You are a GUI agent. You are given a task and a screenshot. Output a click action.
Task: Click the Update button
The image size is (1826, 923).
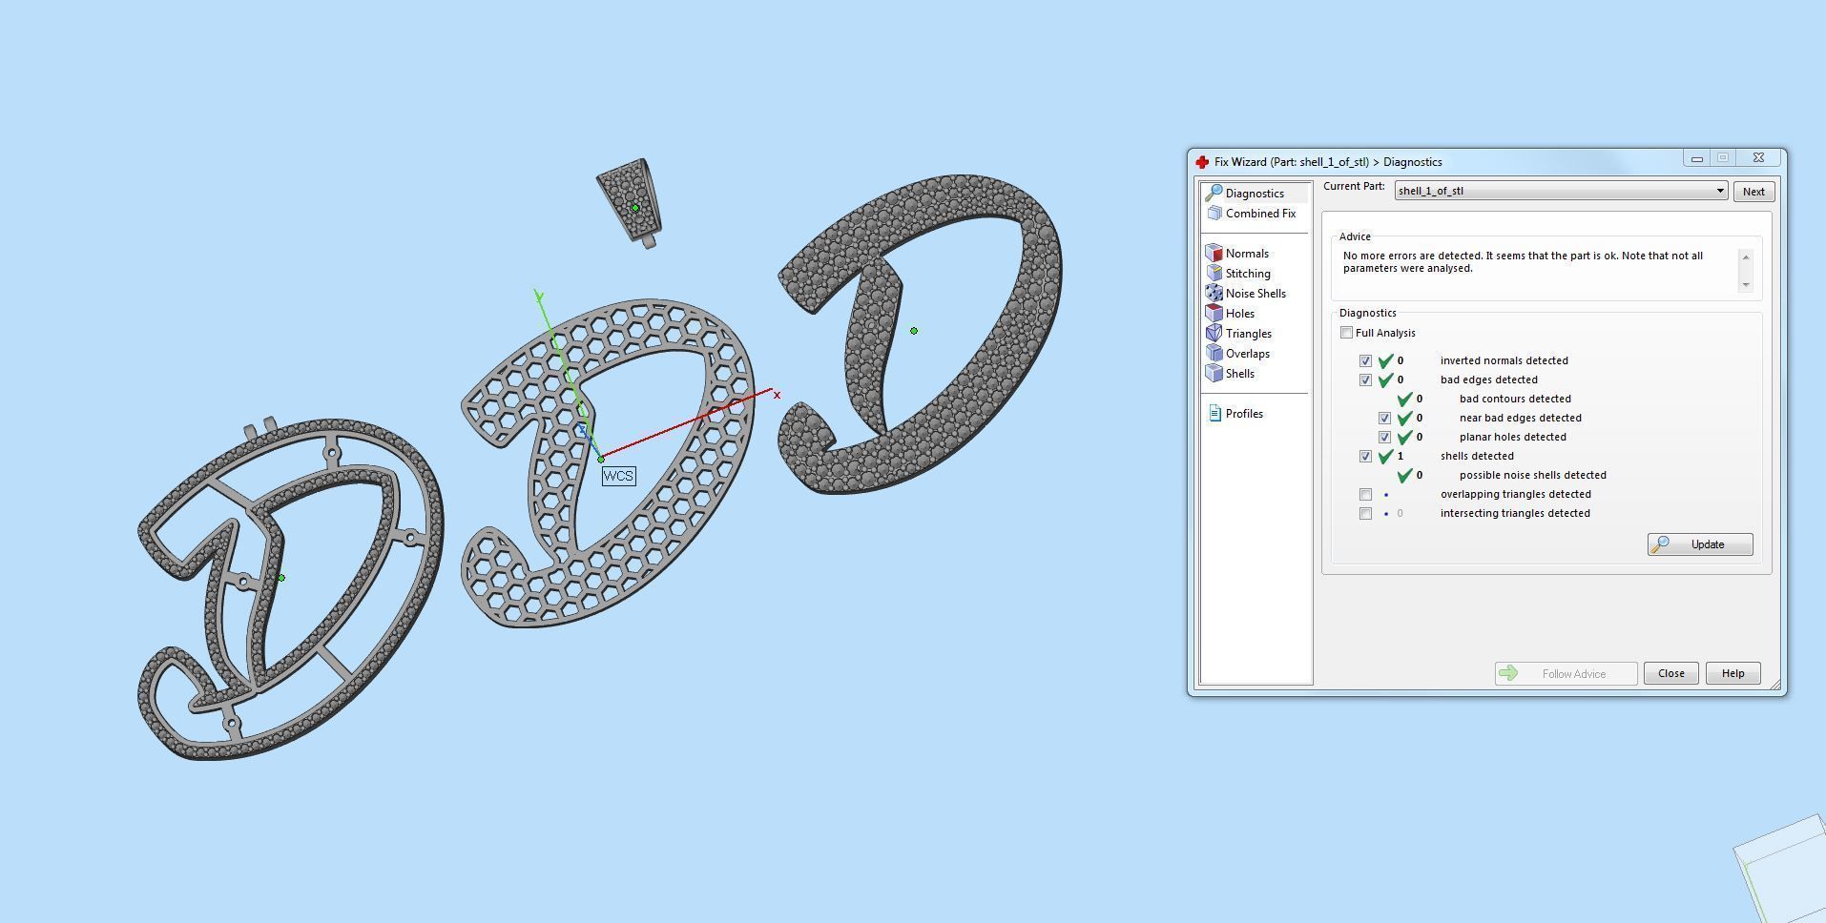click(x=1699, y=544)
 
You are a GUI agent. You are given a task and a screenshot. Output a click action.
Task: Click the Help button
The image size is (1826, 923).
click(x=1732, y=673)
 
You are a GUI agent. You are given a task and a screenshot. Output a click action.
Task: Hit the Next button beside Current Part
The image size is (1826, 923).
click(x=1753, y=192)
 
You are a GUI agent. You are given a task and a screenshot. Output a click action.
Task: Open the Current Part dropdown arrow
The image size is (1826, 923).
click(x=1720, y=191)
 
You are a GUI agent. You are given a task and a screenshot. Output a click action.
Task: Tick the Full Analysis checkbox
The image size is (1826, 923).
click(x=1347, y=333)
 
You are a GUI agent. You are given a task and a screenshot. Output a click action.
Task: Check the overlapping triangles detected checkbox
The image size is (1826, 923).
click(x=1366, y=494)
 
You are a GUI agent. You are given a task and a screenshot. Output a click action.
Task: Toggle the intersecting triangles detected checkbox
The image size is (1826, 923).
click(x=1366, y=513)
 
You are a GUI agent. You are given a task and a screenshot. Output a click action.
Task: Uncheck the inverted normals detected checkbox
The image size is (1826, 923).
click(x=1366, y=360)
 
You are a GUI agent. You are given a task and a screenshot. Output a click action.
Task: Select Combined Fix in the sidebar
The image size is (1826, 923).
click(x=1259, y=214)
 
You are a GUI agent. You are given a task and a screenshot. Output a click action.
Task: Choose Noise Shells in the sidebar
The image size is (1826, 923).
click(x=1255, y=294)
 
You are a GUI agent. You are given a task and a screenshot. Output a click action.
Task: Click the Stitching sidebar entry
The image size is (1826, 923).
click(x=1247, y=274)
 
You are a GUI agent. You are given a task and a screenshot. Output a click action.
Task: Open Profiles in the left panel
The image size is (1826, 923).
click(x=1243, y=414)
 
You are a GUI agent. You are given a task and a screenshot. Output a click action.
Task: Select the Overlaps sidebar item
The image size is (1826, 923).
click(x=1247, y=354)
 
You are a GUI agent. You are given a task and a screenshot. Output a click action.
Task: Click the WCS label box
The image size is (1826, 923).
click(x=618, y=476)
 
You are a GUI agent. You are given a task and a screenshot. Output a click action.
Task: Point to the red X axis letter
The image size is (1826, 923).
click(x=777, y=395)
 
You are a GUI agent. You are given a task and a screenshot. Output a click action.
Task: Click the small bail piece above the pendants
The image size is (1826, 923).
click(x=628, y=198)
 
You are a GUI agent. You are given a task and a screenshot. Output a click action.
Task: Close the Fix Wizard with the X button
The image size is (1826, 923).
click(x=1758, y=158)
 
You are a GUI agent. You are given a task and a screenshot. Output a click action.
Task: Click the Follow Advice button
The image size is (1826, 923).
click(x=1566, y=673)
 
